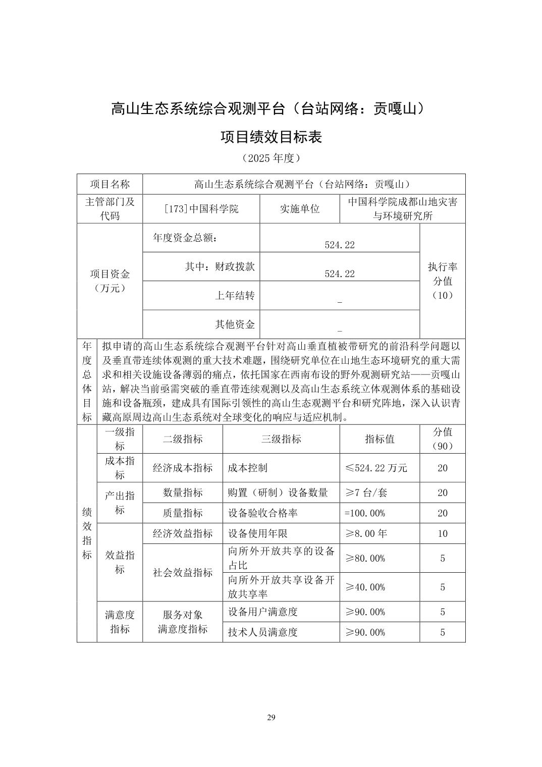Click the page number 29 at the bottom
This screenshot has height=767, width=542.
click(271, 718)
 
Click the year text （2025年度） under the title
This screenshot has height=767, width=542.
click(271, 158)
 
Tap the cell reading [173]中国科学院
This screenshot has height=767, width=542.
click(201, 209)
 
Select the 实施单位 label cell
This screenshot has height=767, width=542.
click(300, 209)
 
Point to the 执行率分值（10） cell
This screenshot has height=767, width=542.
click(442, 281)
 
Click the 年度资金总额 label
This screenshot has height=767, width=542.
click(186, 238)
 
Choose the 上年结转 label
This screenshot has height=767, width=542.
click(235, 296)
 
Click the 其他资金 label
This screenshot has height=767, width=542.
click(235, 324)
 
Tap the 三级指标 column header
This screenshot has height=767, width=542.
click(281, 439)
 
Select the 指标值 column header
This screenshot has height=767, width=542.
click(380, 439)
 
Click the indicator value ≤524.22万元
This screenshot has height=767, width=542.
click(376, 468)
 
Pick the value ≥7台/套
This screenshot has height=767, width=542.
click(366, 492)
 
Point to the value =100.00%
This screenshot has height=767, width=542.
click(365, 513)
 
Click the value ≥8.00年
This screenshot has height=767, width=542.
click(366, 533)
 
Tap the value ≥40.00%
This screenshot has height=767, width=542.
click(365, 587)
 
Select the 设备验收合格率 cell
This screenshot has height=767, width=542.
click(262, 513)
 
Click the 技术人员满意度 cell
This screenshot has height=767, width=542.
click(262, 632)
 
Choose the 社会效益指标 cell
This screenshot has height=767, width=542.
click(183, 573)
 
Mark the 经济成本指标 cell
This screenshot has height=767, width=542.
click(183, 468)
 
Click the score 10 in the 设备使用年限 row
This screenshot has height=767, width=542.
click(442, 533)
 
